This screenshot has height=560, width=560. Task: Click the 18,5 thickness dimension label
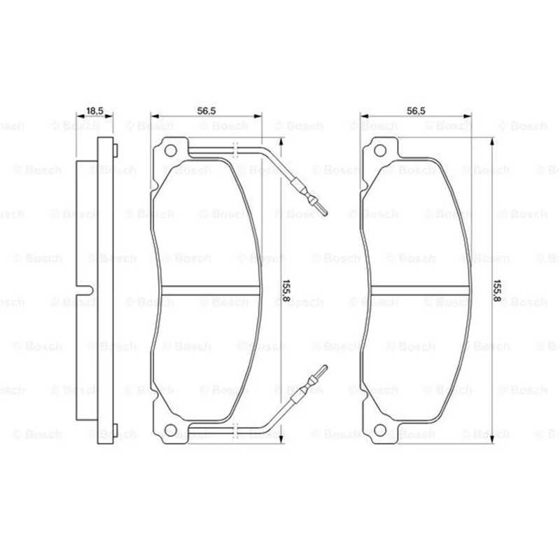tap(94, 111)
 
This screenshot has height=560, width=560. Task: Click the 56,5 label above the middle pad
tap(206, 111)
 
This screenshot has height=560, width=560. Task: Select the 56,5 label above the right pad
tap(416, 111)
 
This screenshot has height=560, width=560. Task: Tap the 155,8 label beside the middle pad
tap(286, 290)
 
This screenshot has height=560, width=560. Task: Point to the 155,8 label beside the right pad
tap(496, 290)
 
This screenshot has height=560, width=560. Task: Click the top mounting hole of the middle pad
tap(170, 150)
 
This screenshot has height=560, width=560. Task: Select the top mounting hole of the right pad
tap(379, 150)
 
